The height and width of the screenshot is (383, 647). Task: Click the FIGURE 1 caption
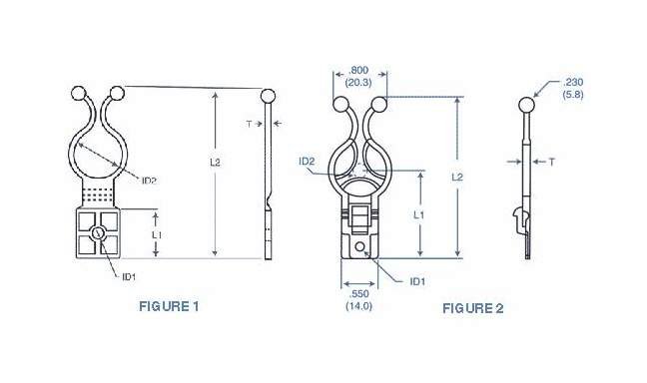coord(169,306)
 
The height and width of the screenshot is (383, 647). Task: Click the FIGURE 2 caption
coord(473,308)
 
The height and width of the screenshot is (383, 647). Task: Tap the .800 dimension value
coord(358,71)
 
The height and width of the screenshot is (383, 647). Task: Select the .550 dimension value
coord(359,294)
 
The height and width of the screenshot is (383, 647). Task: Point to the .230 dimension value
coord(573,82)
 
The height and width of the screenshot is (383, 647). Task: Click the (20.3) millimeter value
coord(358,83)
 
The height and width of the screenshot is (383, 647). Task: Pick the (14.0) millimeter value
coord(359,306)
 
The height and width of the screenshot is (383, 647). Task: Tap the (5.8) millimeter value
coord(573,94)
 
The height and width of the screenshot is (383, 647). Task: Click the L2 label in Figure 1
coord(215,163)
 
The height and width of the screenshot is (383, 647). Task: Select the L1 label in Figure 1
coord(157,235)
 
